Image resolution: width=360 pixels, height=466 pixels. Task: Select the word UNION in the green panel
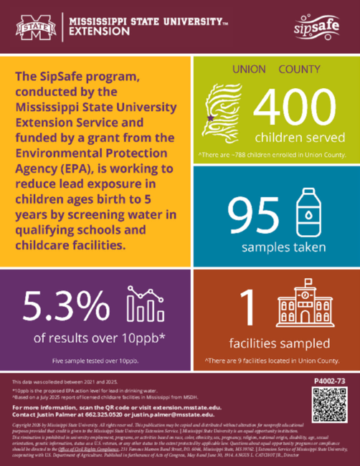point(245,70)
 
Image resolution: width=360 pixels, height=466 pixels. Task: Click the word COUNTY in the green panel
point(303,70)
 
